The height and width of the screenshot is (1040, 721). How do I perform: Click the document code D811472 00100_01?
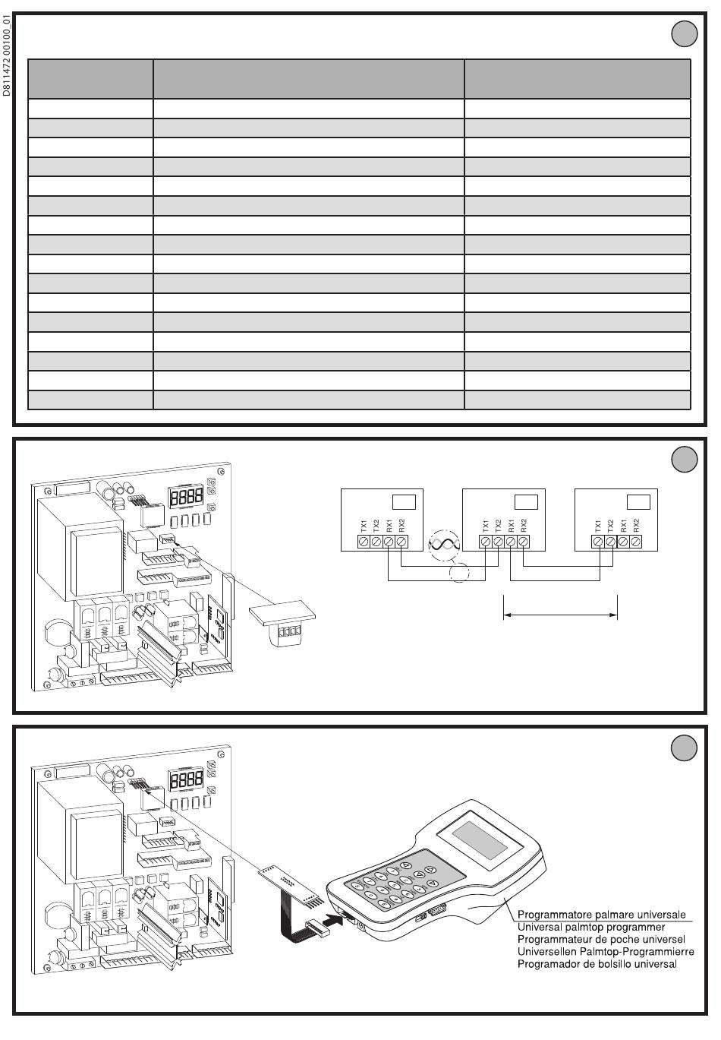click(5, 55)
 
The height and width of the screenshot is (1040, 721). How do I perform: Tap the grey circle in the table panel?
click(685, 33)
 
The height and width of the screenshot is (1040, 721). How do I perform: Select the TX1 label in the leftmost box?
click(364, 526)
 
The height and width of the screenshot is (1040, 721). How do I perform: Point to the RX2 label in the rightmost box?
click(636, 526)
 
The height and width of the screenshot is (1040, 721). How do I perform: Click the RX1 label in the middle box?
click(511, 526)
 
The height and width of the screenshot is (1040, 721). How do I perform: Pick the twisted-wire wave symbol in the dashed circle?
click(444, 545)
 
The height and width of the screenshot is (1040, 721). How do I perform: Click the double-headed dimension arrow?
click(560, 615)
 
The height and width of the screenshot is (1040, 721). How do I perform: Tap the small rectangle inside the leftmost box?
click(404, 502)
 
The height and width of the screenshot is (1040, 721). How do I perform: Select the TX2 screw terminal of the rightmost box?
click(611, 542)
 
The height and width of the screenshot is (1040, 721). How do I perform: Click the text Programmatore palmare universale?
click(601, 914)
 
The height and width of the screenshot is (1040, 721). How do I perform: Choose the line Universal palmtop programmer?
click(591, 927)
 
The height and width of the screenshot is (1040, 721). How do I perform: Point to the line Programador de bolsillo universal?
click(597, 964)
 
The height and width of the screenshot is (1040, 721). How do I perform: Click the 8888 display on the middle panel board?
click(186, 497)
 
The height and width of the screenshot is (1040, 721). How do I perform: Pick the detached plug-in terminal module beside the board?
click(282, 623)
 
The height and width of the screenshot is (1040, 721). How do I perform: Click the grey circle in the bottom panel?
click(685, 748)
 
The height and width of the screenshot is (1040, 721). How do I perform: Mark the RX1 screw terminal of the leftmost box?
click(389, 542)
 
